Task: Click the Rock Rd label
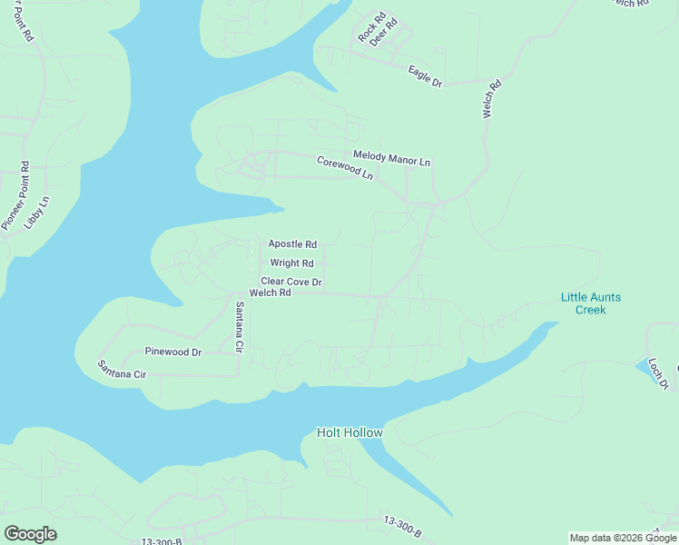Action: (366, 27)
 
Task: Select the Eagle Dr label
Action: (425, 76)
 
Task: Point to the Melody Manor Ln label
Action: (391, 160)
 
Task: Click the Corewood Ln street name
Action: (345, 167)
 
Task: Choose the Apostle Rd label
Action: (292, 244)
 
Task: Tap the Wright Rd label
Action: (285, 263)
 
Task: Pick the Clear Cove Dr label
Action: (291, 282)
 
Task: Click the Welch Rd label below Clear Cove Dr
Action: (270, 293)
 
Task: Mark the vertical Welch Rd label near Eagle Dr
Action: (489, 101)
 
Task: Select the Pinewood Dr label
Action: (173, 352)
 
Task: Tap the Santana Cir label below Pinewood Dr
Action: (122, 370)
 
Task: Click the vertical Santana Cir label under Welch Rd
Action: (240, 327)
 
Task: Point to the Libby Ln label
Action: (37, 212)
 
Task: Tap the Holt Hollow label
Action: (349, 432)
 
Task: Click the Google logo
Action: (30, 533)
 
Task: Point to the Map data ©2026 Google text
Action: (623, 538)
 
